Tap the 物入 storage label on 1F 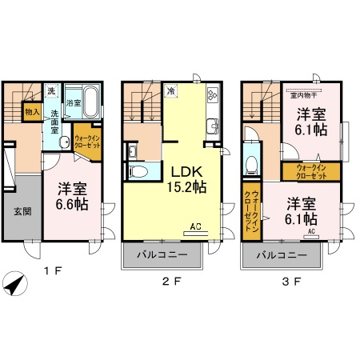(x=34, y=113)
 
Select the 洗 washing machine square (x=51, y=90)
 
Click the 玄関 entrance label (x=21, y=214)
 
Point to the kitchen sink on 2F (x=212, y=126)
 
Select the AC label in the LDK (x=196, y=227)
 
